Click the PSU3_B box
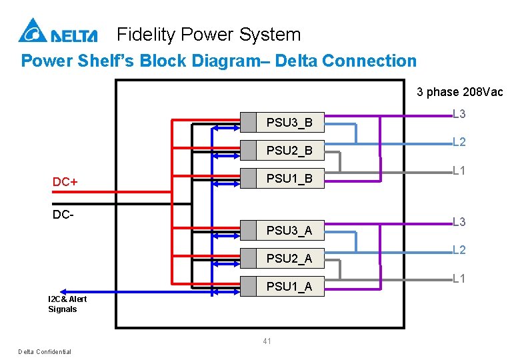(282, 122)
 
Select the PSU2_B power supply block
(282, 151)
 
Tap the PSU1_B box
(282, 179)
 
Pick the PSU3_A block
(282, 230)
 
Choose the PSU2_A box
(282, 258)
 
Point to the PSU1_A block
(282, 286)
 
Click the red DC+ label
(65, 181)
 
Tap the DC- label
(63, 215)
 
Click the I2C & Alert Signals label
(67, 304)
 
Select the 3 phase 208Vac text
(459, 92)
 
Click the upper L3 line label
(459, 114)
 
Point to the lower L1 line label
(459, 279)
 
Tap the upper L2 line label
(459, 142)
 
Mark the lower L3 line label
(459, 221)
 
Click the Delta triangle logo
(33, 30)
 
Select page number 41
(267, 341)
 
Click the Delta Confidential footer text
(45, 352)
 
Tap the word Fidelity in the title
(146, 35)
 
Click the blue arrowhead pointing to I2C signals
(63, 292)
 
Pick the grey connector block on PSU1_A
(248, 286)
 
